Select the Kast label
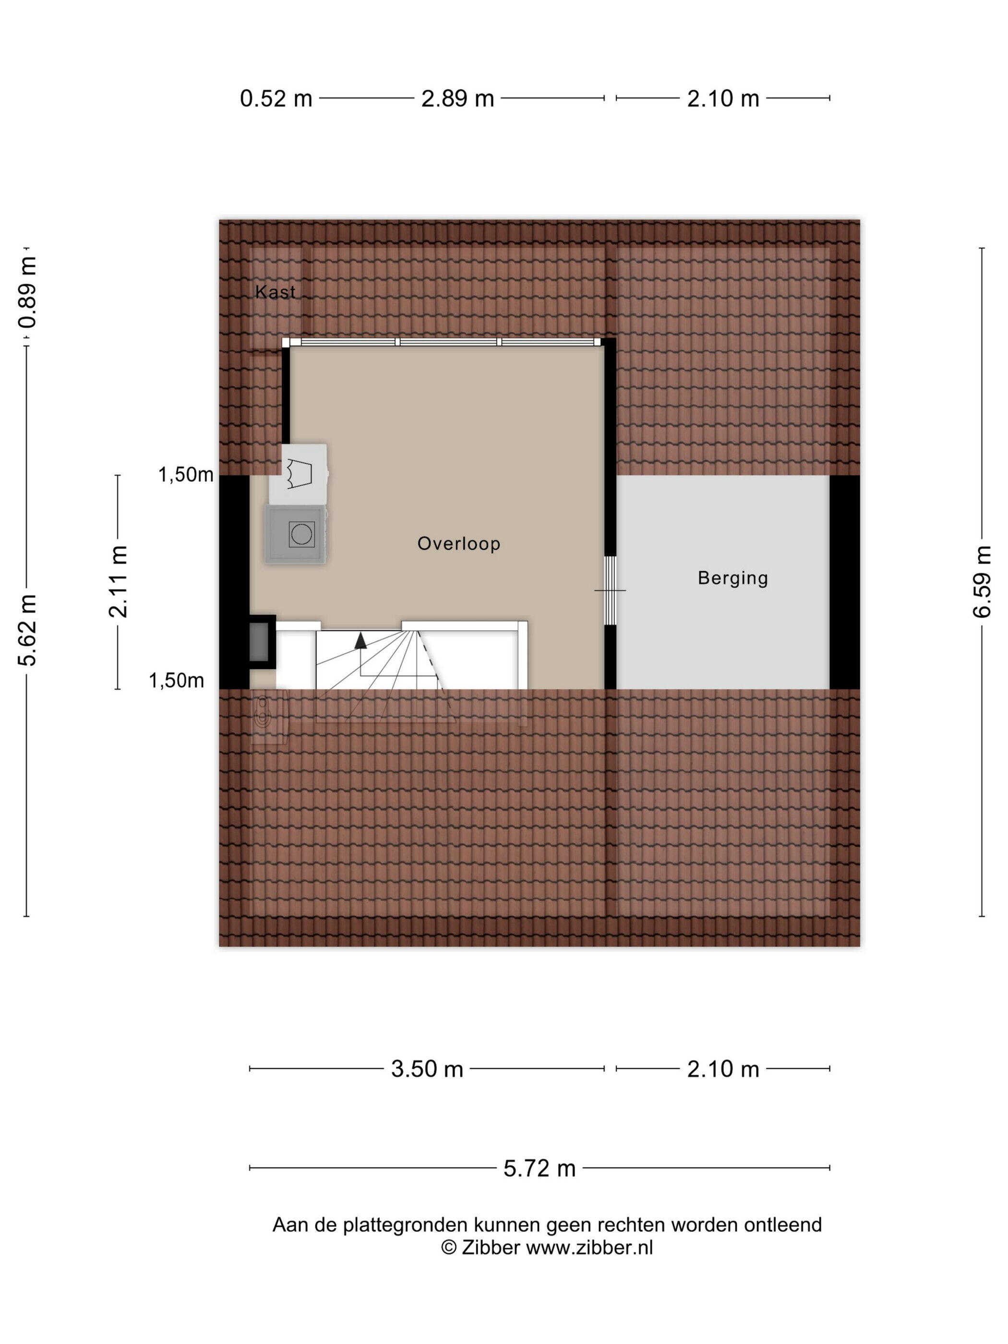[275, 292]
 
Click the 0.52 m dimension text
[276, 98]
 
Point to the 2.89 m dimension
[457, 98]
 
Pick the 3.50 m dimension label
[427, 1069]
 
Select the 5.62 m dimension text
[27, 630]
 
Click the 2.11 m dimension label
[118, 581]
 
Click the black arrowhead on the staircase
[360, 640]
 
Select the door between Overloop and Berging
[610, 590]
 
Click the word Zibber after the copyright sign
[491, 1248]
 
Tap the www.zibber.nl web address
[589, 1248]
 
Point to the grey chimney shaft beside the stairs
[260, 642]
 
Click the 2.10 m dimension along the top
[723, 98]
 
